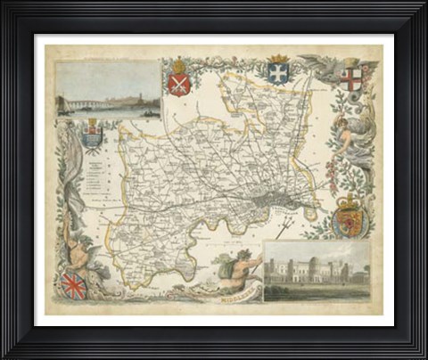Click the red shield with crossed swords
(x=178, y=83)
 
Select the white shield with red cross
(x=351, y=77)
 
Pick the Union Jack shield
(x=72, y=284)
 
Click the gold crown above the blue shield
(x=277, y=60)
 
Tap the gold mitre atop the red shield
(x=178, y=65)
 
